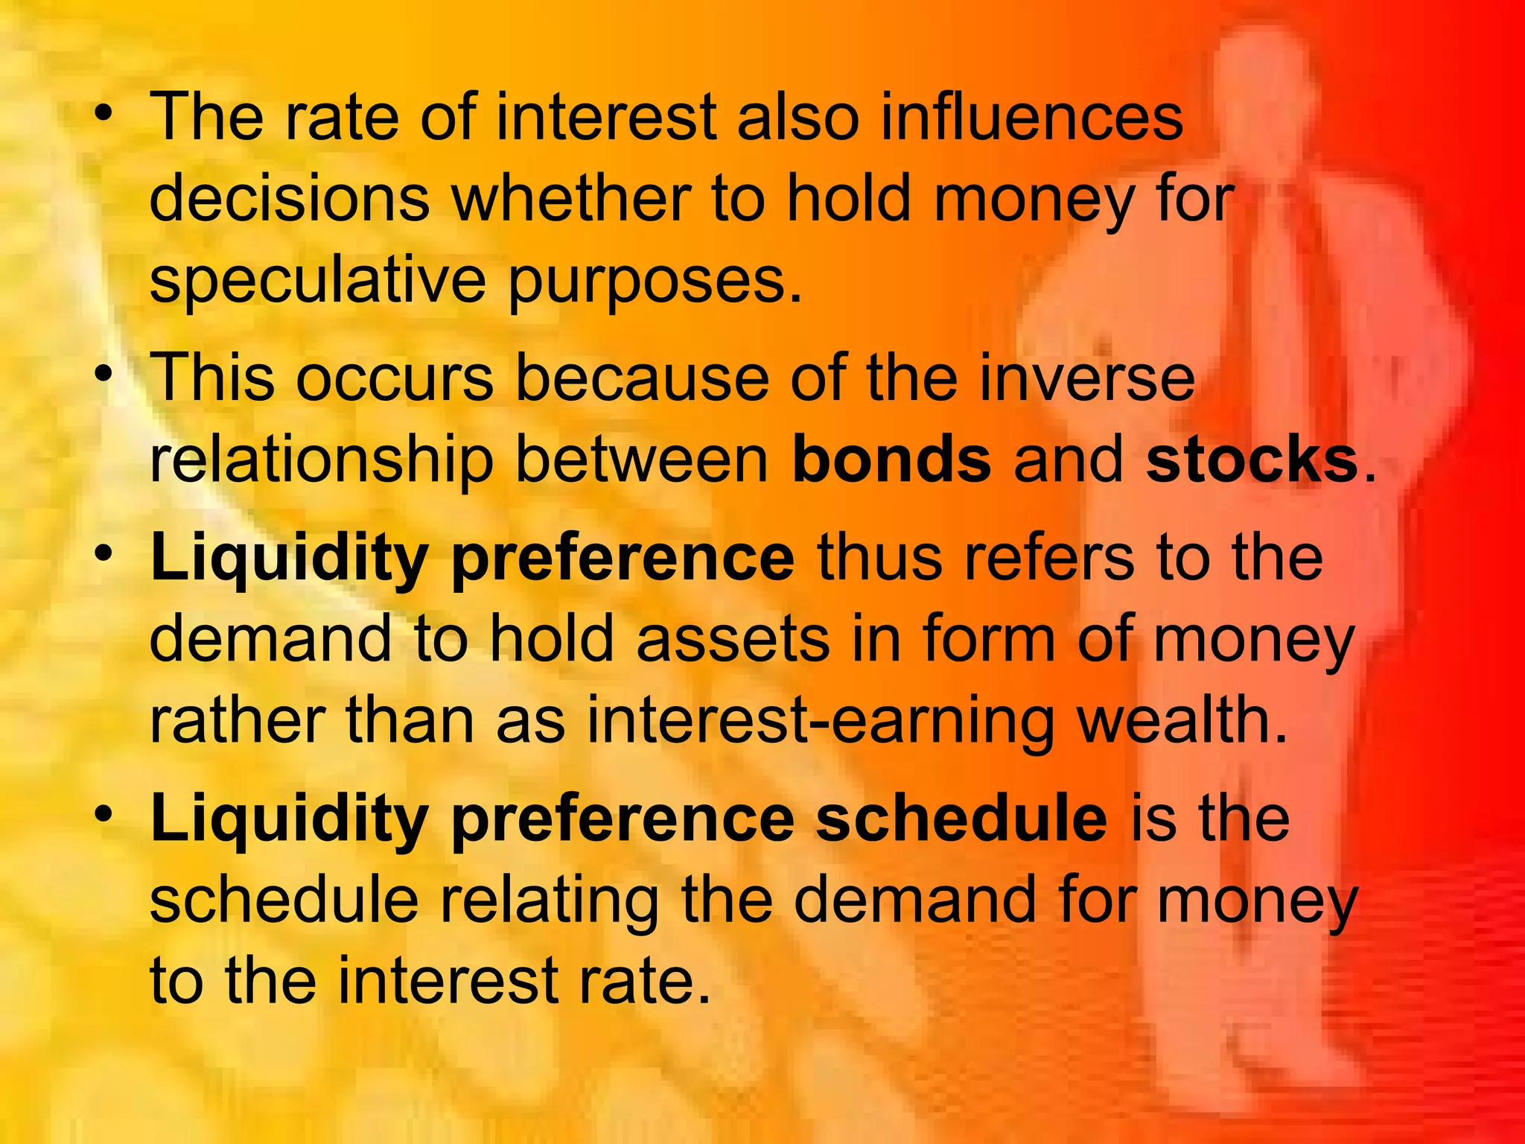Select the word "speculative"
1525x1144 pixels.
coord(318,282)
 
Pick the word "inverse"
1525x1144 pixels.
coord(1086,378)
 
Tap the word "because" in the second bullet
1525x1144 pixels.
coord(641,378)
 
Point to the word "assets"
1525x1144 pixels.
coord(733,639)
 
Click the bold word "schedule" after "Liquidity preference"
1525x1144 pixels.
coord(961,819)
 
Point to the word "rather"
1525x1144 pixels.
coord(237,720)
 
